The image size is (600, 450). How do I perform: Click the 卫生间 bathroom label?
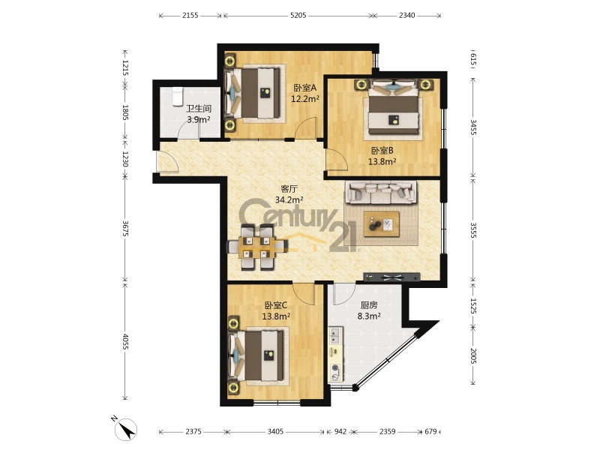tap(199, 109)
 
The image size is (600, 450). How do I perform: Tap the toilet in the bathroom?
tap(177, 97)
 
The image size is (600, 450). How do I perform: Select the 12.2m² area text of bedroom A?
tap(305, 99)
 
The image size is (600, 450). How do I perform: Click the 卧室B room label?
tap(382, 151)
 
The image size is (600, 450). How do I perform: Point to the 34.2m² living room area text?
tap(289, 199)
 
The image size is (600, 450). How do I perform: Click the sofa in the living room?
tap(381, 192)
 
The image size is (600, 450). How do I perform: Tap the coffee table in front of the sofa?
tap(381, 223)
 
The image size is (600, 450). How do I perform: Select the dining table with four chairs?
tap(257, 247)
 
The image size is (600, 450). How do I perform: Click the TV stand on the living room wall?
tap(391, 277)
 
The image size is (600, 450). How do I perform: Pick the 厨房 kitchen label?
tap(369, 305)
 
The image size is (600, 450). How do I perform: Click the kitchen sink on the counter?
tap(335, 336)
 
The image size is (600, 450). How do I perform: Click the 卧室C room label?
tap(276, 305)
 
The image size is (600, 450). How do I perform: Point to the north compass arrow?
tap(127, 428)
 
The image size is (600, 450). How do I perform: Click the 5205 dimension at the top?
tap(298, 15)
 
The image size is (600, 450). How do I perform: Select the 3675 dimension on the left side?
tap(124, 228)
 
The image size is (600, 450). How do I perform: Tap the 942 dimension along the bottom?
tap(340, 432)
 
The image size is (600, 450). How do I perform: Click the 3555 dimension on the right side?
tap(473, 230)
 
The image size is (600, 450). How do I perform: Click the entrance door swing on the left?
tap(168, 161)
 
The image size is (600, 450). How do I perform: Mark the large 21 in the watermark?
tap(343, 237)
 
